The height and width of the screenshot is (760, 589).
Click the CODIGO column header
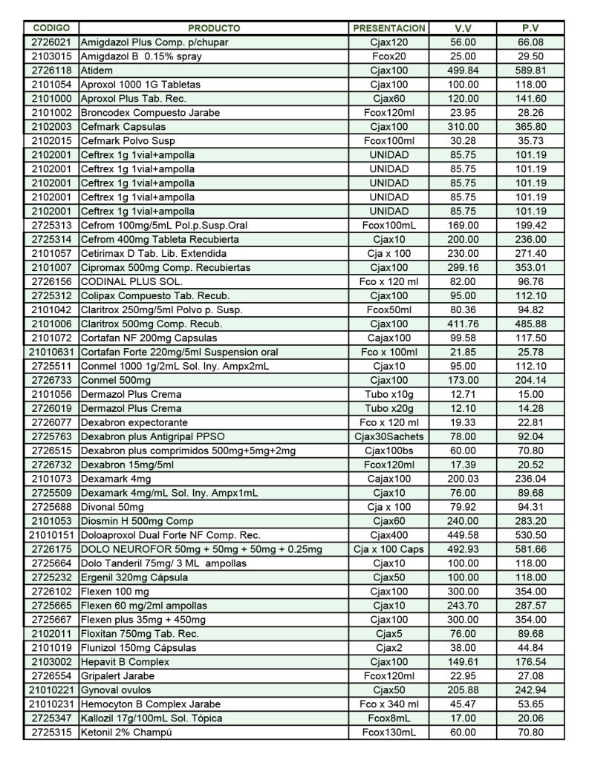coord(51,28)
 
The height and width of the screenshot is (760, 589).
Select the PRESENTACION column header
coord(389,28)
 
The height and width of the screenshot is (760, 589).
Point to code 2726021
coord(51,42)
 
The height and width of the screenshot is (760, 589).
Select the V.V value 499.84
coord(464,71)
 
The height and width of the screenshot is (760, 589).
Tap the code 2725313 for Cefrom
coord(51,225)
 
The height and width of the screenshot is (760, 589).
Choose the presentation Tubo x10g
coord(389,394)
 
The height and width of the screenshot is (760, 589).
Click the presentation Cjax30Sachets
coord(389,436)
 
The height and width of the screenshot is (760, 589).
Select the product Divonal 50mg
coord(111,507)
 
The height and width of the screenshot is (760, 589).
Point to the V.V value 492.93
coord(464,549)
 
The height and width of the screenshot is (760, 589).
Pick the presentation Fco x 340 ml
coord(389,704)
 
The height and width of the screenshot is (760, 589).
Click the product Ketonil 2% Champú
coord(126,733)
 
